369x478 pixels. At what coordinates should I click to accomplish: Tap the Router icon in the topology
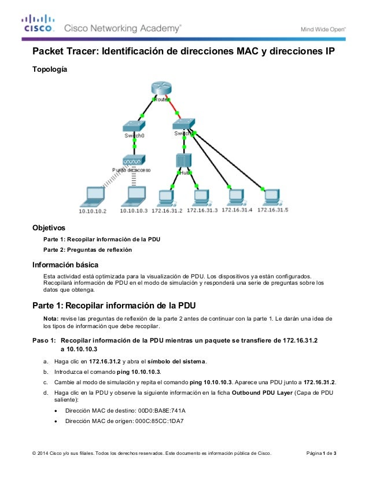tap(161, 89)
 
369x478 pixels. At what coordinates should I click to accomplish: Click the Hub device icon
tap(183, 160)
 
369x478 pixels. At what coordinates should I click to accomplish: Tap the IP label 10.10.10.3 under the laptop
tap(134, 211)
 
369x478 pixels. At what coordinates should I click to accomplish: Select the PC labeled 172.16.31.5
tap(271, 196)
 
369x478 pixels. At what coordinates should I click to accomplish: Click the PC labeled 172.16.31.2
tap(167, 197)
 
